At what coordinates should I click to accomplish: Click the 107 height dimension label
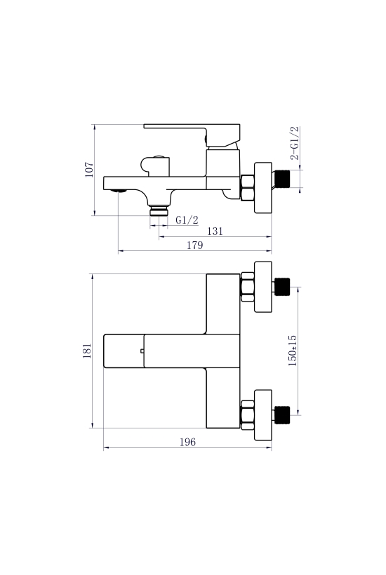[90, 170]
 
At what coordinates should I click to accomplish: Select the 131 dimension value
[215, 231]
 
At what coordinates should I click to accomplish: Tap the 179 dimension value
[195, 245]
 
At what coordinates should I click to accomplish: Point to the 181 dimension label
[87, 351]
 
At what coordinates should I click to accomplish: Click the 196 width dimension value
[187, 442]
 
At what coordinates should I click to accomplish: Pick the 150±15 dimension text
[293, 351]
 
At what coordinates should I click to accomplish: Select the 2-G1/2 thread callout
[295, 143]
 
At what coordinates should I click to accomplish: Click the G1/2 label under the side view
[187, 220]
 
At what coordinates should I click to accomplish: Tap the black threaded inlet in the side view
[283, 179]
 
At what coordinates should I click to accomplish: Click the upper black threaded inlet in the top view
[282, 287]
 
